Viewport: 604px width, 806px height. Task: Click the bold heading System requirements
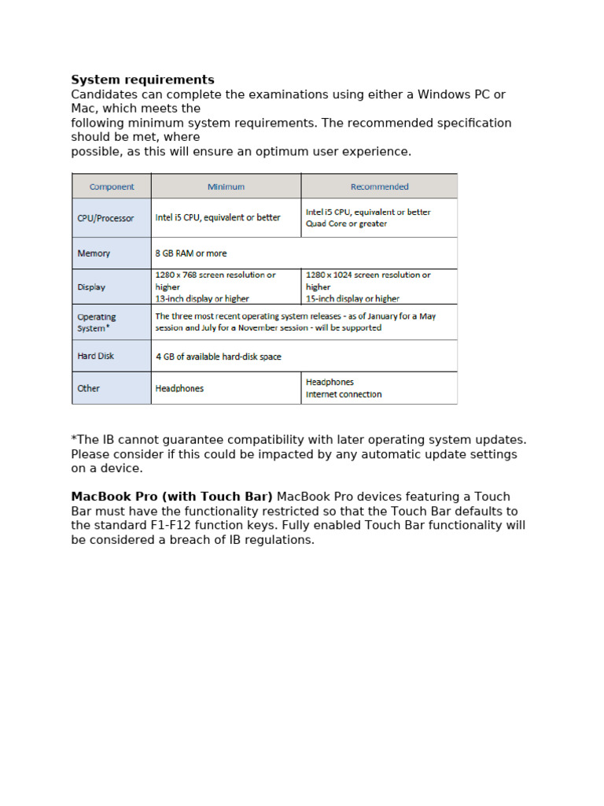point(142,80)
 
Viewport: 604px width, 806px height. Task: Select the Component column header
point(112,187)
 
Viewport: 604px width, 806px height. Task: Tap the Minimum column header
point(226,187)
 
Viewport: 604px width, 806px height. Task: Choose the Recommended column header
point(379,187)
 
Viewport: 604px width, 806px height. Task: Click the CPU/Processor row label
point(105,218)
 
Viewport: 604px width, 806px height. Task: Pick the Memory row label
point(94,253)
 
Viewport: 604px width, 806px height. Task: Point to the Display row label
point(91,287)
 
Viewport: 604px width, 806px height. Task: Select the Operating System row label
point(97,323)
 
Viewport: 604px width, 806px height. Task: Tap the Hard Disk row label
point(96,357)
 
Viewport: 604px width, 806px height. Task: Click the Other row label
point(89,389)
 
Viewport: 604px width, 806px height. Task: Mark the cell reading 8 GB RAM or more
point(191,253)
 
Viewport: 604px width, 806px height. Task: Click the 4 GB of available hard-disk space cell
point(218,357)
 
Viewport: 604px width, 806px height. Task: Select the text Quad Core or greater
point(346,224)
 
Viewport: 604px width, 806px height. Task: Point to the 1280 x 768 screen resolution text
point(215,275)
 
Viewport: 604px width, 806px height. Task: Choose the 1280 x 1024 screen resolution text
point(368,275)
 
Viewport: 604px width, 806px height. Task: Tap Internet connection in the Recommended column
point(344,395)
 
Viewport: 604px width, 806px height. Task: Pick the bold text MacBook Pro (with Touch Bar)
point(172,497)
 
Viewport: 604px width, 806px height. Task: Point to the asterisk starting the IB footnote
point(74,439)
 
